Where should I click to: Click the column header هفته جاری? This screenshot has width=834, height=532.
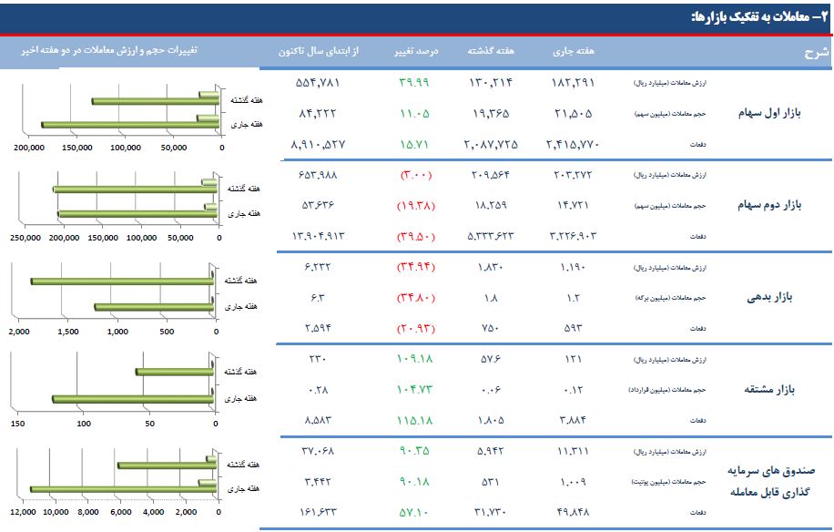(573, 51)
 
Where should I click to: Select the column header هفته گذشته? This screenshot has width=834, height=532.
(491, 51)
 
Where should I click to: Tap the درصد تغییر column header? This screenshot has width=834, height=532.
(415, 51)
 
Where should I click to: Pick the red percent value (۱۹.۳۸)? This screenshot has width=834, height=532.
(415, 205)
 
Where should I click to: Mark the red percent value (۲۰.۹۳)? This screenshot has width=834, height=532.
(415, 327)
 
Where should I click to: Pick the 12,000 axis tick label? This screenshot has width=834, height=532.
(24, 513)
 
